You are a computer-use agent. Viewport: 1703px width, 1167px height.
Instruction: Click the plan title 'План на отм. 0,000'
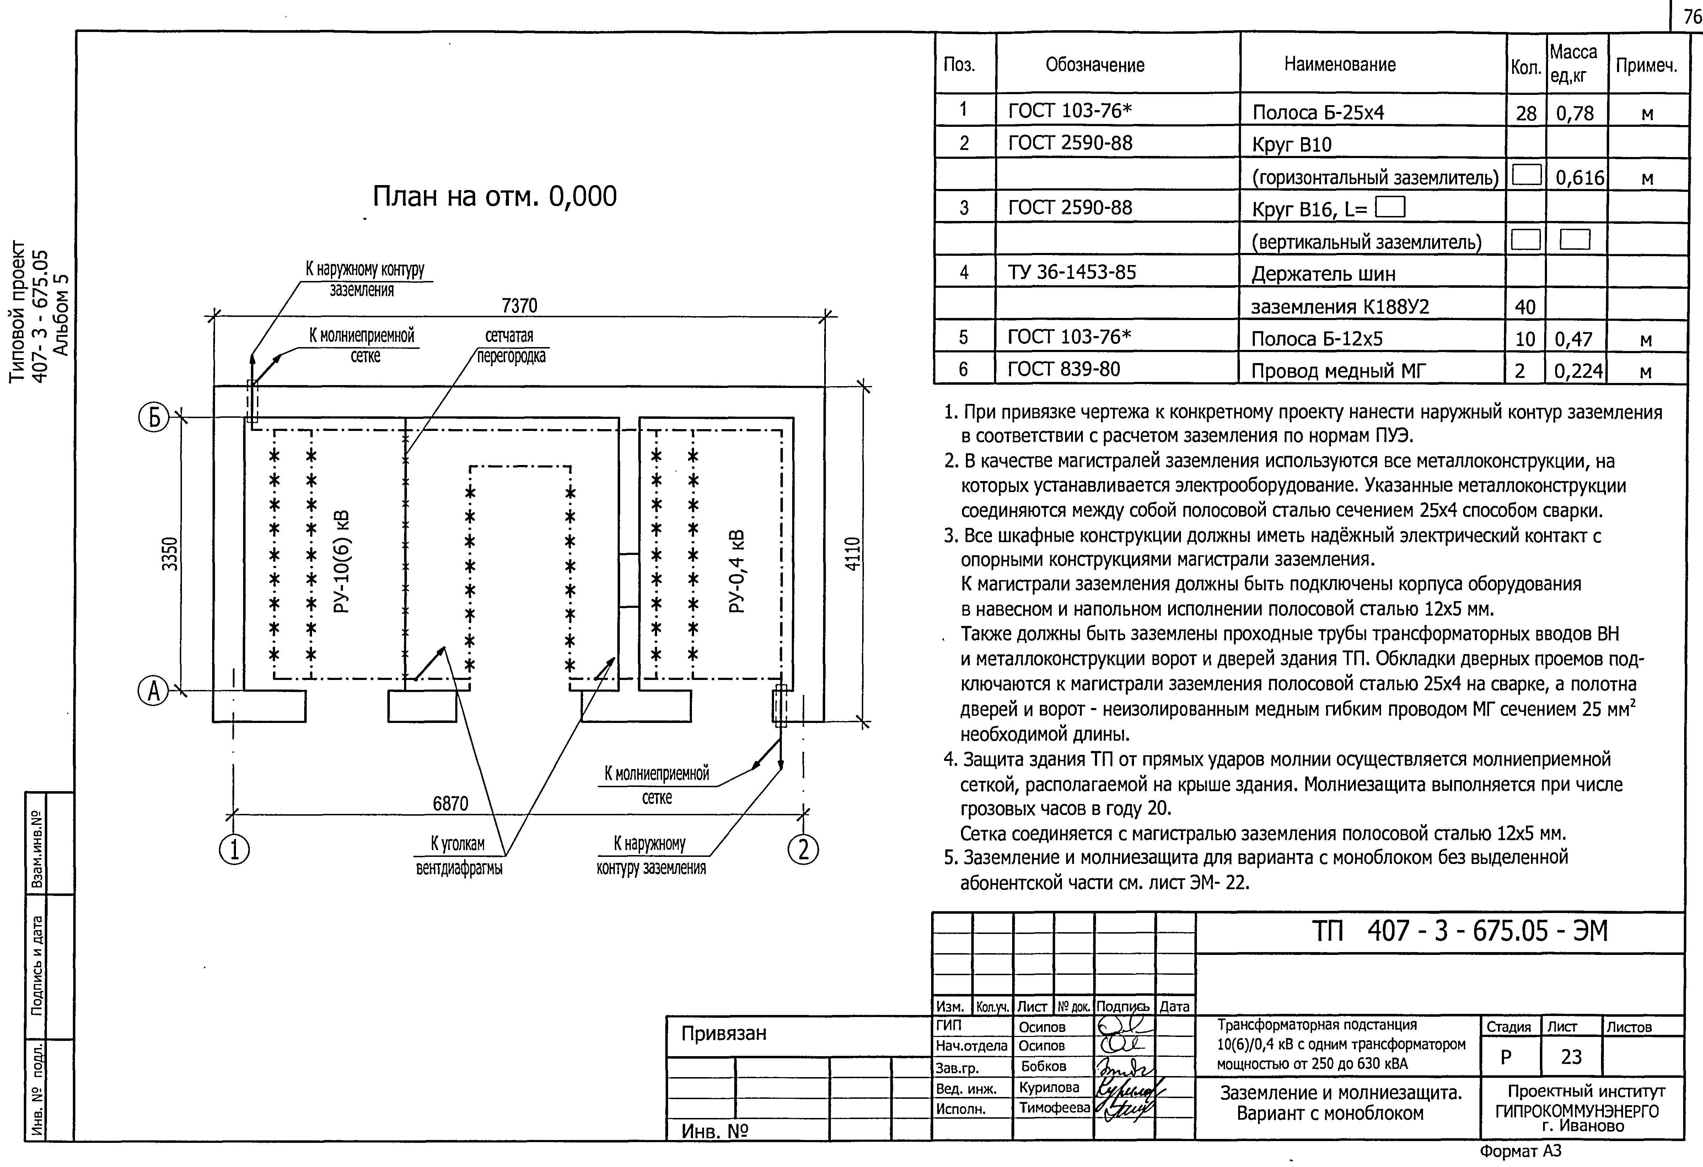495,196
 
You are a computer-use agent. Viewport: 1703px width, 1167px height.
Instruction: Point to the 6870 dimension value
450,804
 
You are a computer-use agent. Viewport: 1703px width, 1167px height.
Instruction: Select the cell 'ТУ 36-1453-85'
1072,272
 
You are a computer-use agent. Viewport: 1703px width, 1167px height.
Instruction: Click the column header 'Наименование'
1339,64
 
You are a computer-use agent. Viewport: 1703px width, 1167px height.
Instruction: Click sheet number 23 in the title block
1571,1057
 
